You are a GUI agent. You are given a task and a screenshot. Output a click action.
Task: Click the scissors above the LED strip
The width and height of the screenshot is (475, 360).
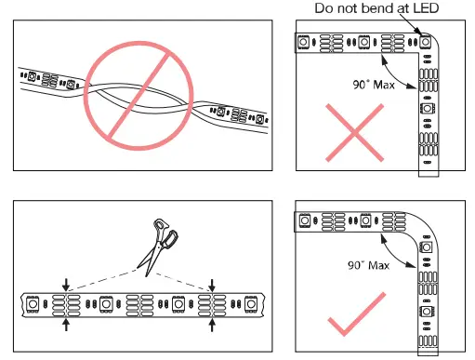158,247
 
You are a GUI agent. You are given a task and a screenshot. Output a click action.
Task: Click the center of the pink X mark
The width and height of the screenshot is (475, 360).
354,133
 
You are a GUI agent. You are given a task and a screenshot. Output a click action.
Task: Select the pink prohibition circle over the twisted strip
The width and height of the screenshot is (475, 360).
139,96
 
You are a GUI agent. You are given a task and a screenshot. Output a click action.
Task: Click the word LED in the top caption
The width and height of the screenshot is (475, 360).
426,8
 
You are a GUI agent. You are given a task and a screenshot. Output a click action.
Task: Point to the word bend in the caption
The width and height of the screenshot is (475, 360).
378,8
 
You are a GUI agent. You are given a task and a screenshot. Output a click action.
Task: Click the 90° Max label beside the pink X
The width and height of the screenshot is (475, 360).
374,85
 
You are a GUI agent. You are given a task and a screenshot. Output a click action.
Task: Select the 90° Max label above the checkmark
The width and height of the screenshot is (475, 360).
368,265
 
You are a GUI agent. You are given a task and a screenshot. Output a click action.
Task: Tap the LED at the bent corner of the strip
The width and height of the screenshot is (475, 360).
426,42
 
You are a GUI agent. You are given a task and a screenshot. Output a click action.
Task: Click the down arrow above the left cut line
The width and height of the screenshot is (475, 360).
66,285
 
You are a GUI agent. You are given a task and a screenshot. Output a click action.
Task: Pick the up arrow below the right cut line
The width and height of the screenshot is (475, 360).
212,325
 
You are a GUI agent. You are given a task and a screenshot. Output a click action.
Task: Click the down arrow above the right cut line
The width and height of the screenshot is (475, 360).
212,286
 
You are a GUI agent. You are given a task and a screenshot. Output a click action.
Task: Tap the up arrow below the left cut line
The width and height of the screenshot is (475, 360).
66,325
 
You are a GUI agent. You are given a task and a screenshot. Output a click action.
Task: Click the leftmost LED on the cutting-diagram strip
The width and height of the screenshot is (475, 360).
33,304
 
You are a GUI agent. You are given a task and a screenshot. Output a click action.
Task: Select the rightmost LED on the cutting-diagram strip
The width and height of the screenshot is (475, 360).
251,304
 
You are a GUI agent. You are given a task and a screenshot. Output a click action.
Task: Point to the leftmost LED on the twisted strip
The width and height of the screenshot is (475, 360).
32,75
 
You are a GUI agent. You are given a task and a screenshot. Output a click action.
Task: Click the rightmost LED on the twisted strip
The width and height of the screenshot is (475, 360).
259,119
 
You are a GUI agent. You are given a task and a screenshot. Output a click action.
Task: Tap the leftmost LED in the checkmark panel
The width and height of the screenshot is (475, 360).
305,220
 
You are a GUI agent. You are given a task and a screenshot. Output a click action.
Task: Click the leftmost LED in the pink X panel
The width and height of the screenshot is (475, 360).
303,42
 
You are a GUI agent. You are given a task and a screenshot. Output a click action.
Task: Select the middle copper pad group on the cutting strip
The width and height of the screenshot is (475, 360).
139,305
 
